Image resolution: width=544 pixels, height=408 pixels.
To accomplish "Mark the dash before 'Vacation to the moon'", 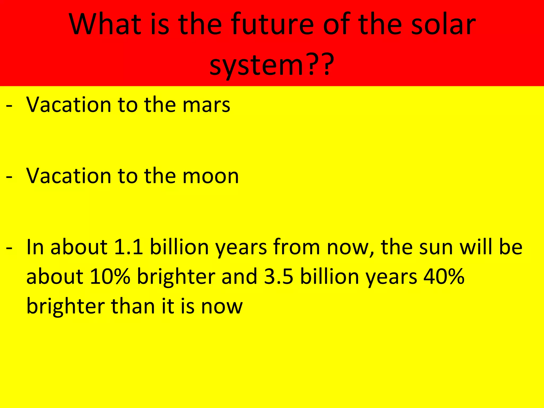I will pyautogui.click(x=9, y=177).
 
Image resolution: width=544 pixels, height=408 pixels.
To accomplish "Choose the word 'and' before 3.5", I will pyautogui.click(x=239, y=277).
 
